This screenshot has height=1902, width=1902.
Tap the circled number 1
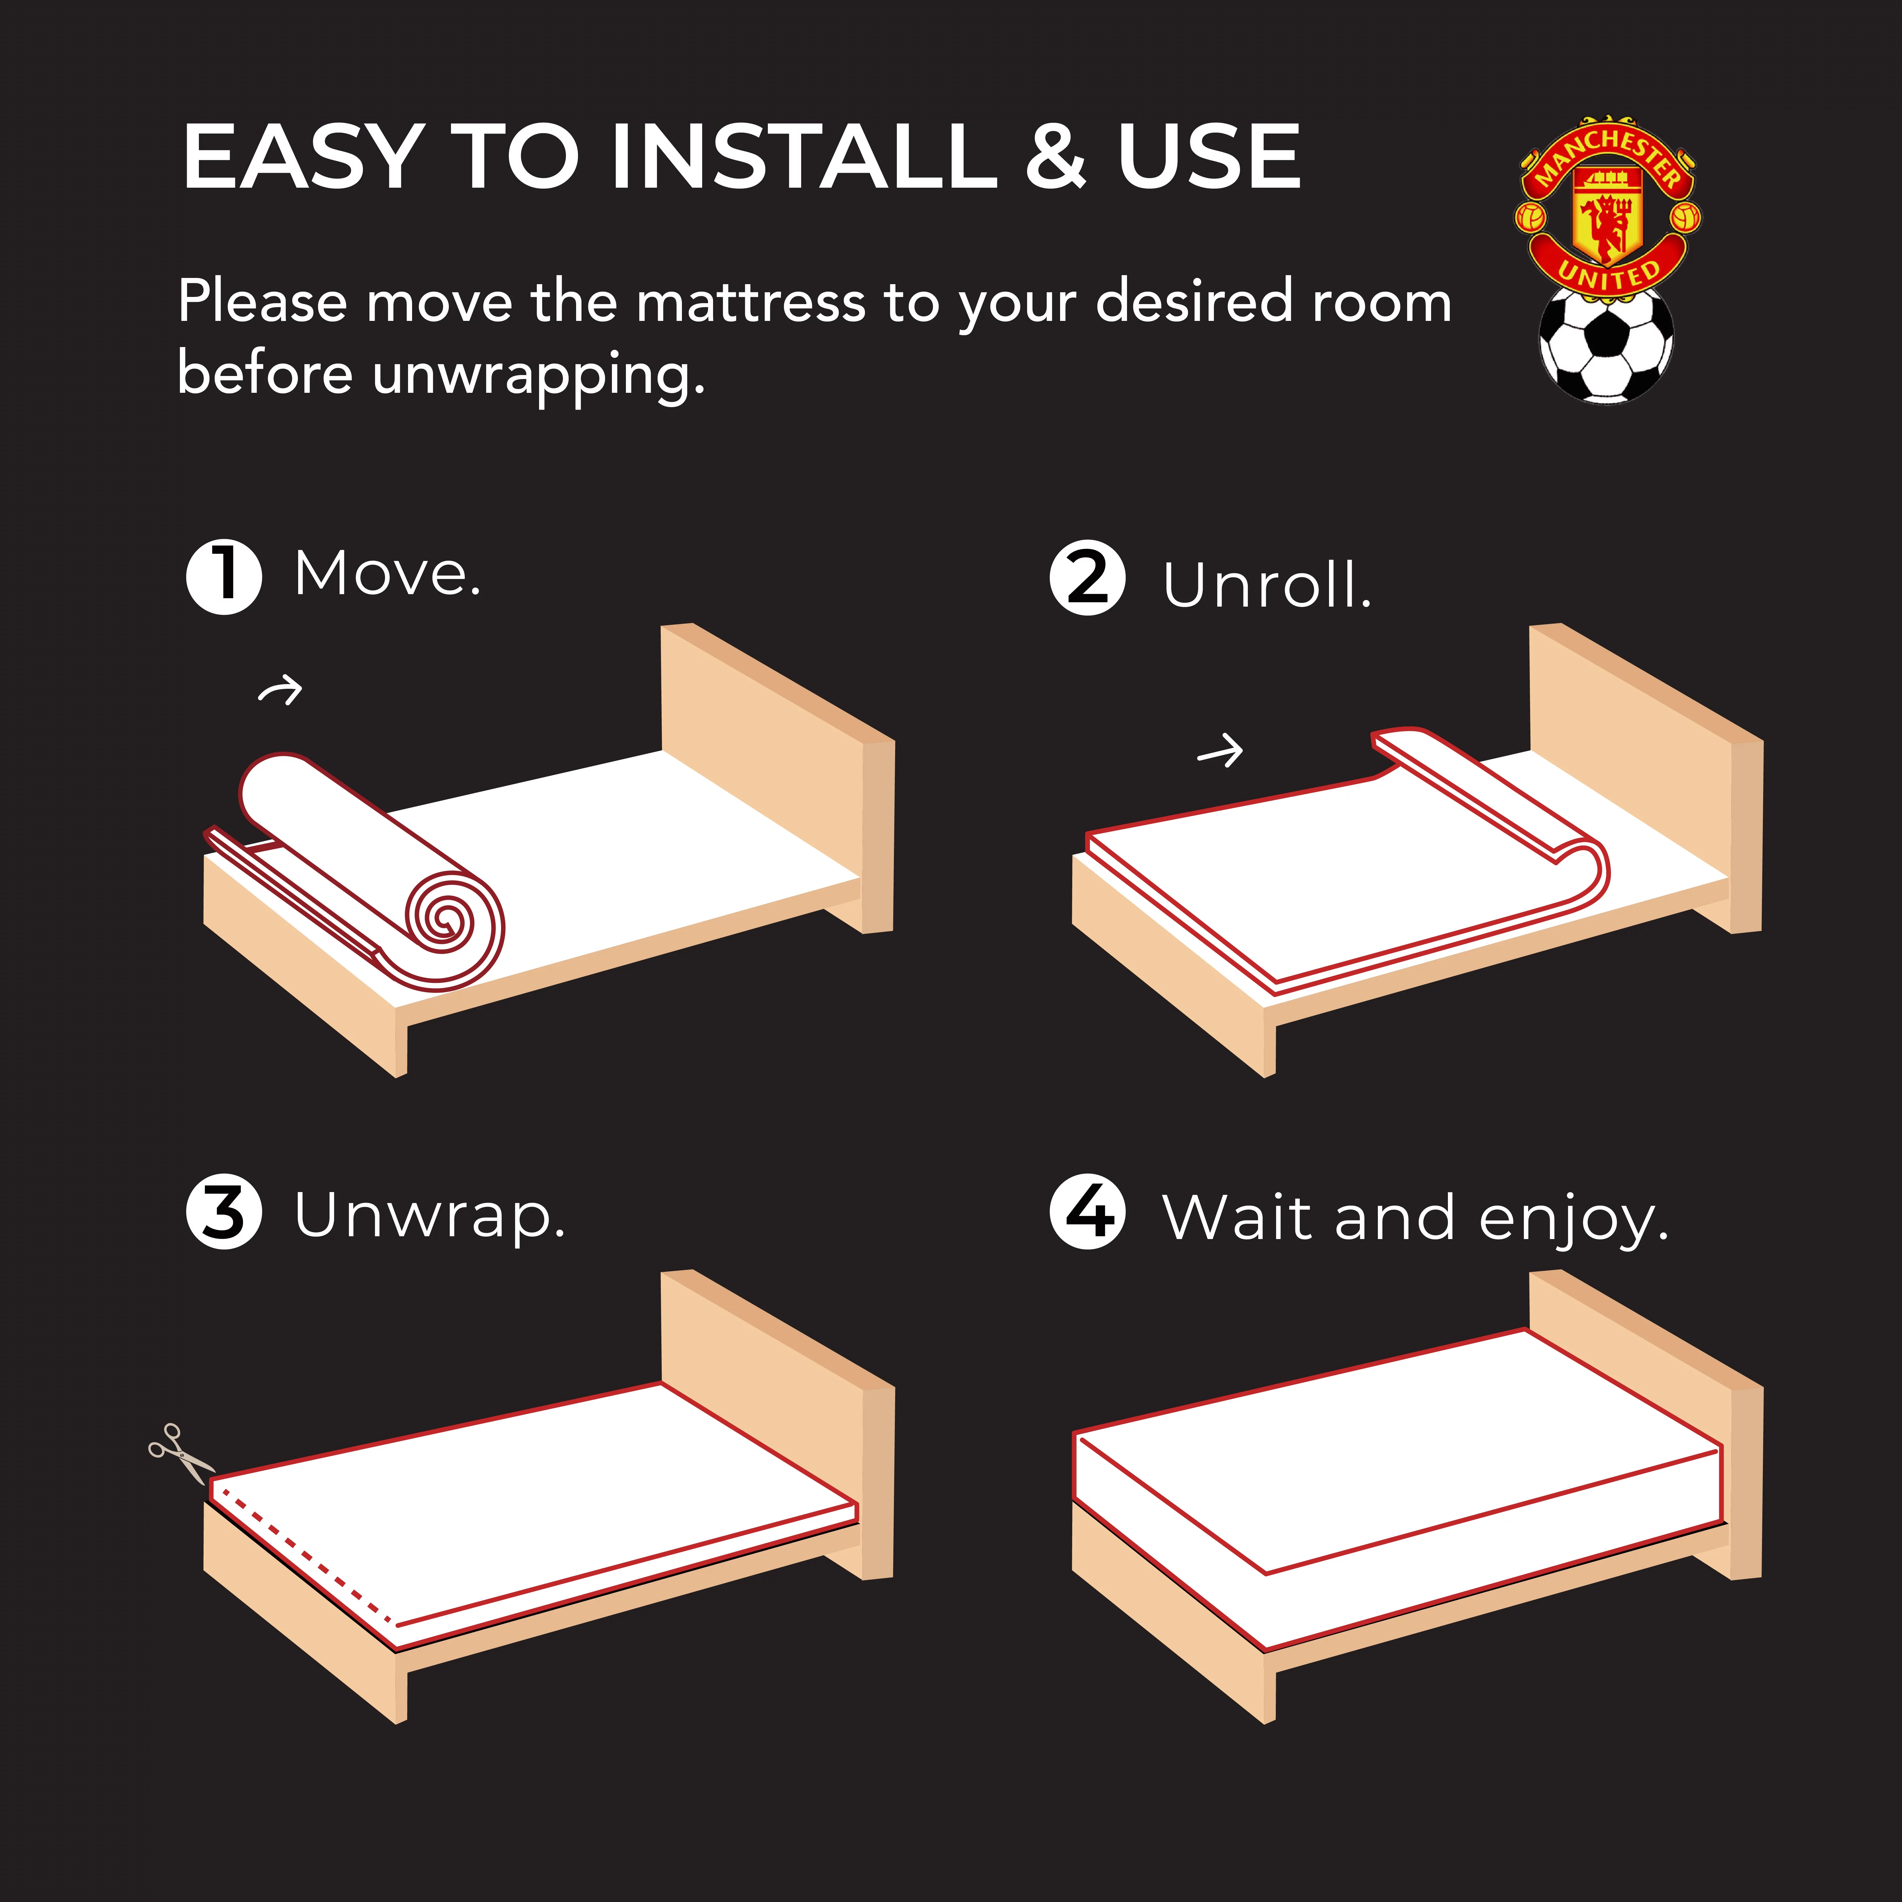point(224,577)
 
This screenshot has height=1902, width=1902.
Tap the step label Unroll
point(1267,586)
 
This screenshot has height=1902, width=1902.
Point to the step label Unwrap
point(430,1217)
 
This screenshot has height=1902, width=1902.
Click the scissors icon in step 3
point(180,1453)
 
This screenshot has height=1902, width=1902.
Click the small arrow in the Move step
point(280,691)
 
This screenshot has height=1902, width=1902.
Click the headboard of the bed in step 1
point(778,778)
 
